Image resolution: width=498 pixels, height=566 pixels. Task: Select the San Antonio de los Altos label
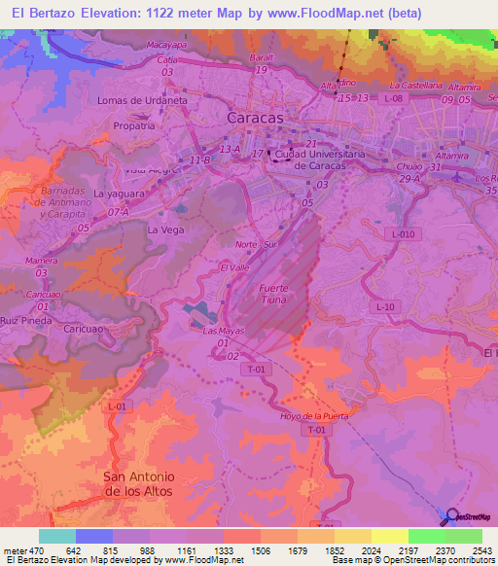click(138, 483)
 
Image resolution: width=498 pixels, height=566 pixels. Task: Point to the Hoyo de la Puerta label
click(313, 416)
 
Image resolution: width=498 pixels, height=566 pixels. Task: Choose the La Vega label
click(164, 230)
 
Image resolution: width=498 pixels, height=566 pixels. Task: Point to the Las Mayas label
click(222, 331)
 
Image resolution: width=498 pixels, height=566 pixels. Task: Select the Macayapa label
click(166, 45)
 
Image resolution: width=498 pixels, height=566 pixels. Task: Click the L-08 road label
click(393, 98)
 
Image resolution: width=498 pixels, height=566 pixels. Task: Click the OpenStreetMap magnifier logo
click(452, 515)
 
